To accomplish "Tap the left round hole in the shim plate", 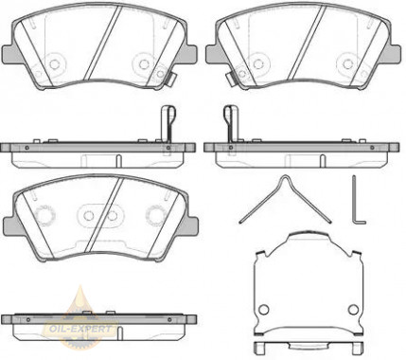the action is (264, 310).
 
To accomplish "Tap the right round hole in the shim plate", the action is (353, 310).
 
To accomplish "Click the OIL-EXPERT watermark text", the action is (79, 329).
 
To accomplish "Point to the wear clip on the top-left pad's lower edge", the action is (170, 79).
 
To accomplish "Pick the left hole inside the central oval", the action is (89, 216).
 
